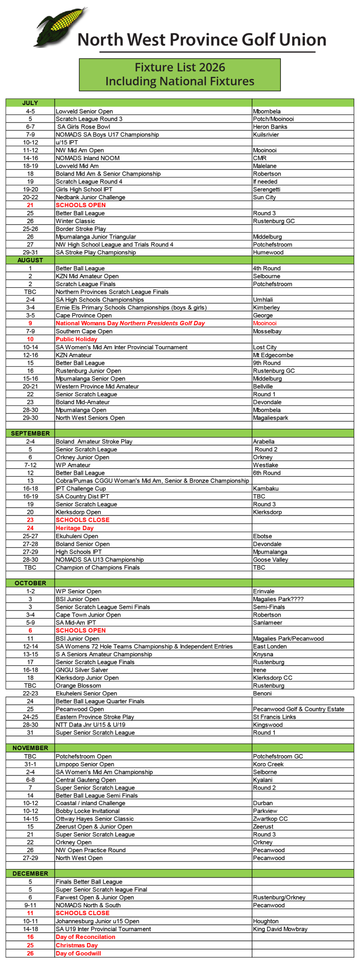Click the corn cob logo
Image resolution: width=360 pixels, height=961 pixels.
pyautogui.click(x=60, y=26)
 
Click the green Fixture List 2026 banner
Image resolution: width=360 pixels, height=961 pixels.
pyautogui.click(x=179, y=74)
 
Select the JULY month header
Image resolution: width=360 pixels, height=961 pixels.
pyautogui.click(x=30, y=103)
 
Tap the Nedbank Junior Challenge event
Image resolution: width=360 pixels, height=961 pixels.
pyautogui.click(x=90, y=197)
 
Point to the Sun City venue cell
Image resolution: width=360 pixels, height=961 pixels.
pyautogui.click(x=264, y=197)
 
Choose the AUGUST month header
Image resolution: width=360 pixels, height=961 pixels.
pyautogui.click(x=30, y=260)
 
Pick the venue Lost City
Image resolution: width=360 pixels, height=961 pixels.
pyautogui.click(x=264, y=347)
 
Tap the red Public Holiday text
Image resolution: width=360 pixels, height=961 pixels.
pyautogui.click(x=76, y=339)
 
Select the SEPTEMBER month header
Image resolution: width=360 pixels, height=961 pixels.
pyautogui.click(x=30, y=433)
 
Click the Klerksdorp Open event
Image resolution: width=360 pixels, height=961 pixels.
pyautogui.click(x=78, y=512)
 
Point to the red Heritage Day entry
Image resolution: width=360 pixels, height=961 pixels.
pyautogui.click(x=74, y=528)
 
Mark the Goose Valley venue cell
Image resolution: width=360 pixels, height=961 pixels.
pyautogui.click(x=270, y=560)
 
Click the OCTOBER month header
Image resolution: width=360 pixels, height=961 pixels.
pyautogui.click(x=30, y=583)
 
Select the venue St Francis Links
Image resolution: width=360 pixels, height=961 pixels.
pyautogui.click(x=274, y=717)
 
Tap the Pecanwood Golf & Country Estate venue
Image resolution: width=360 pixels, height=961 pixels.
pyautogui.click(x=298, y=709)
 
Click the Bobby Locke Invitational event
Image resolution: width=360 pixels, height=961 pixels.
pyautogui.click(x=87, y=811)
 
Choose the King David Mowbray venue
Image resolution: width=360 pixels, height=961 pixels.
pyautogui.click(x=280, y=929)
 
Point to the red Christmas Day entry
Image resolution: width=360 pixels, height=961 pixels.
pyautogui.click(x=77, y=945)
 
